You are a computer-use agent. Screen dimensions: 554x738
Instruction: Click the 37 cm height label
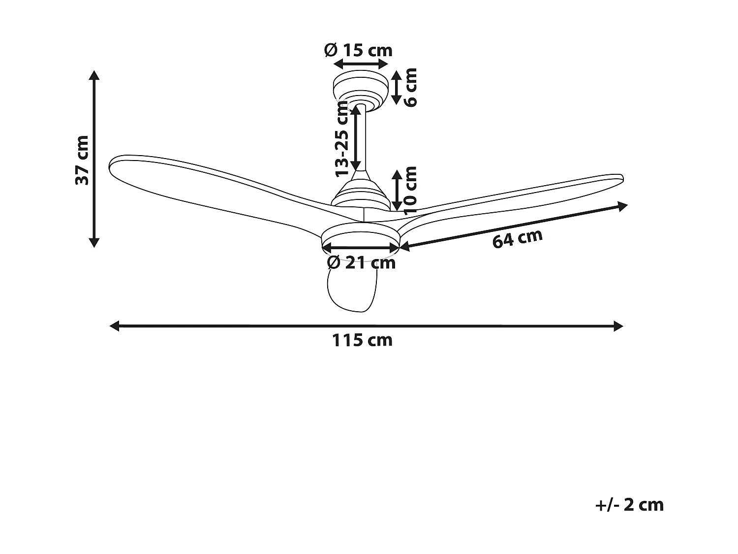click(82, 160)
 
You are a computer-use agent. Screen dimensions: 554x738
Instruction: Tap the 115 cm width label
click(362, 340)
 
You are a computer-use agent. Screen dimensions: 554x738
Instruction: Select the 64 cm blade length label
click(517, 239)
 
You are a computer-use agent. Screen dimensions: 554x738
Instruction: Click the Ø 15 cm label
click(358, 50)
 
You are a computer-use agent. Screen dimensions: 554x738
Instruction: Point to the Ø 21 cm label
click(361, 262)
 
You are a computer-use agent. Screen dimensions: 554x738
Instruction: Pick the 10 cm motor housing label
click(410, 190)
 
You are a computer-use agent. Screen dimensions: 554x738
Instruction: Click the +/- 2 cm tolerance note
click(629, 505)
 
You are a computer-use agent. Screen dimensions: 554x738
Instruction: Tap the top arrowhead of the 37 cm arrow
click(94, 75)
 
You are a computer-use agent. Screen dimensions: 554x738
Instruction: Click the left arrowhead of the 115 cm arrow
click(114, 326)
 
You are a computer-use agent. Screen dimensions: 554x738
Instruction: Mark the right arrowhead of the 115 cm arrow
click(618, 326)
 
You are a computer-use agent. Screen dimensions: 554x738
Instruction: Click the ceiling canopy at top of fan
click(359, 89)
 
